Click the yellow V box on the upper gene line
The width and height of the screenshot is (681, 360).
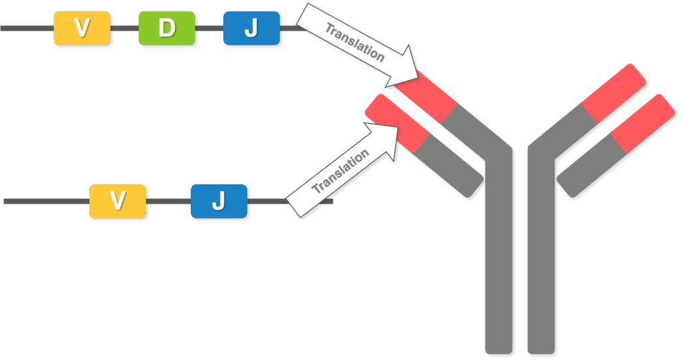[82, 28]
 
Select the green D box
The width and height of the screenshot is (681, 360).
[167, 28]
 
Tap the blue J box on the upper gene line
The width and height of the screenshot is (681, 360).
[251, 28]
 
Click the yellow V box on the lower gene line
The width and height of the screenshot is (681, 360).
[118, 202]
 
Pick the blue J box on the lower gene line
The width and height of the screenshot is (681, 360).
[219, 202]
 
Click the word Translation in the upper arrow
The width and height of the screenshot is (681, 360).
[355, 43]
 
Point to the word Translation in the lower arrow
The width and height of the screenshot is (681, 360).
[340, 171]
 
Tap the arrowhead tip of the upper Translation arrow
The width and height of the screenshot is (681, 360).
[418, 77]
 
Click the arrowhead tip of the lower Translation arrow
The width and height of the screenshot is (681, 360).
[398, 127]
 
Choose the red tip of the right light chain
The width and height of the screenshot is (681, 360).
[643, 123]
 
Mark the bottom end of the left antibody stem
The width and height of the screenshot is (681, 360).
[499, 352]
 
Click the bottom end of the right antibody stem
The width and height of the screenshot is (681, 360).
[541, 352]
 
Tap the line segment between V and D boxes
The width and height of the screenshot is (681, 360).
[124, 28]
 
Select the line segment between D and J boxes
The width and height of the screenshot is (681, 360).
[209, 28]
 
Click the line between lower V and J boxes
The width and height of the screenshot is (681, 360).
[168, 202]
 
